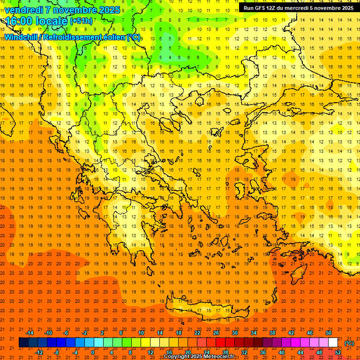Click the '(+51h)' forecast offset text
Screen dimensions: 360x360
pyautogui.click(x=81, y=21)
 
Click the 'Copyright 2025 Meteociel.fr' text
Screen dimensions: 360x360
pyautogui.click(x=199, y=356)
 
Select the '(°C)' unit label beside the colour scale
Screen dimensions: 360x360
pyautogui.click(x=349, y=343)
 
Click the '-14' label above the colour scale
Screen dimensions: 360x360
pyautogui.click(x=29, y=333)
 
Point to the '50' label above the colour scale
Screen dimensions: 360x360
pyautogui.click(x=328, y=333)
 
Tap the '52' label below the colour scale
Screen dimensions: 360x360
pyautogui.click(x=338, y=352)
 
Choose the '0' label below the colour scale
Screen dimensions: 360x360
pyautogui.click(x=93, y=352)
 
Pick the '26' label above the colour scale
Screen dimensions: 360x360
pyautogui.click(x=216, y=333)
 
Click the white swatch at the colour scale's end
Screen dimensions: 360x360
pyautogui.click(x=333, y=343)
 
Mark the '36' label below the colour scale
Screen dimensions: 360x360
pyautogui.click(x=263, y=352)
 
